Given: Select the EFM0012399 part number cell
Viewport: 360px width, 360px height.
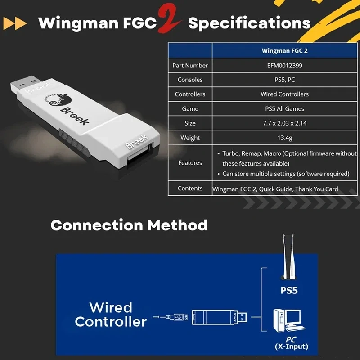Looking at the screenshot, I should pos(284,65).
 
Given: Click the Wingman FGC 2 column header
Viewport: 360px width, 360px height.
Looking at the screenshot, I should pos(284,51).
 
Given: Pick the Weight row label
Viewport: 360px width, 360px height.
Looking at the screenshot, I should pos(190,138).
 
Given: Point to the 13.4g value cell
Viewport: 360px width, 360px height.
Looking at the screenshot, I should pos(284,138).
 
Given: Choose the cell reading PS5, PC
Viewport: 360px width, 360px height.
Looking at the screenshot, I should pos(284,80).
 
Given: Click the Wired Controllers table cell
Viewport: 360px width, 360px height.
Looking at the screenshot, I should pos(284,94).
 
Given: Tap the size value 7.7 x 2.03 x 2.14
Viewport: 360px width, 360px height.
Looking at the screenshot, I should pos(284,123).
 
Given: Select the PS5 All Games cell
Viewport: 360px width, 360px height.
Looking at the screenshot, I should pos(284,108).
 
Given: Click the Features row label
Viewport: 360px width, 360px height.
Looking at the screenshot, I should pos(190,163).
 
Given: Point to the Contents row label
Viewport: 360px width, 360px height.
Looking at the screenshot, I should pos(190,189).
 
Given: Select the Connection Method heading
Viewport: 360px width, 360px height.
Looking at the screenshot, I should pos(129,225).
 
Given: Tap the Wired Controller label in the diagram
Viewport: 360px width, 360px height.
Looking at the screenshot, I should pos(111,315).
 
